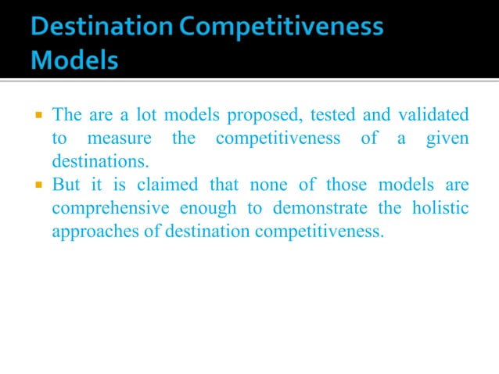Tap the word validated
click(432, 116)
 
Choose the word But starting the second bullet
click(66, 186)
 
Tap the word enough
click(204, 210)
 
